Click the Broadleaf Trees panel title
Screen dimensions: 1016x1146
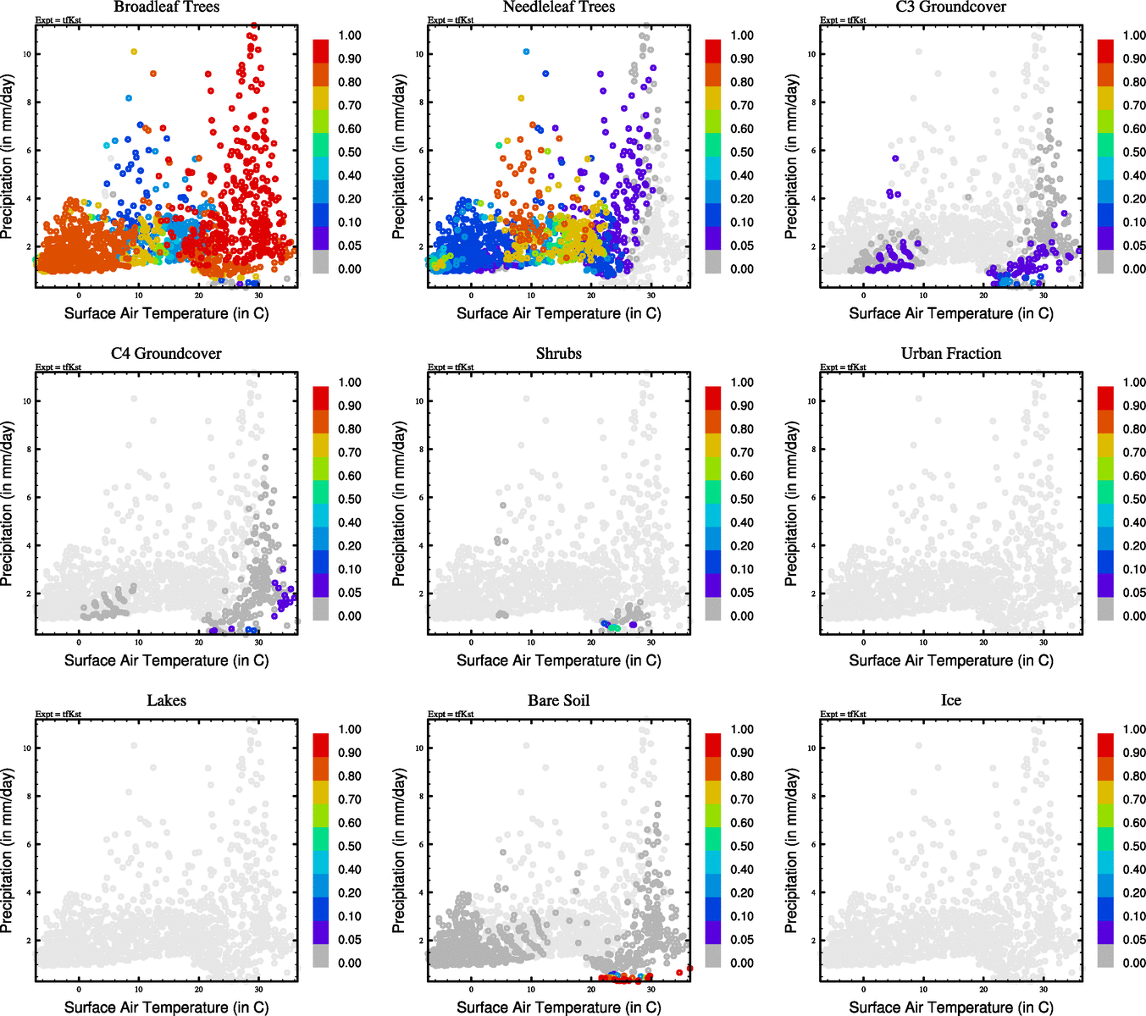point(166,8)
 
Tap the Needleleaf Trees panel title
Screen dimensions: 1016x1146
point(558,8)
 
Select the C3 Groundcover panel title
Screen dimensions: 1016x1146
point(950,8)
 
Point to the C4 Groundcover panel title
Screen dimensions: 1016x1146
point(166,354)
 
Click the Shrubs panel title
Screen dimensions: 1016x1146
point(558,354)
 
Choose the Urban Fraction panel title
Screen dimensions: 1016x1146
point(950,354)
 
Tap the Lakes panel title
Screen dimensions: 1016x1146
point(166,701)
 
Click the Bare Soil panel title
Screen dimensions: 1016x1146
point(558,701)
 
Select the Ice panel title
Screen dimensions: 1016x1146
point(950,701)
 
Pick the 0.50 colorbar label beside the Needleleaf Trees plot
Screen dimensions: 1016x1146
point(742,152)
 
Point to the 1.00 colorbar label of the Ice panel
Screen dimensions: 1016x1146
point(1134,729)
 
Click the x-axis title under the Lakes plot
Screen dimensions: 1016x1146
point(166,1007)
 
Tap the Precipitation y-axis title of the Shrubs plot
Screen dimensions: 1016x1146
point(399,504)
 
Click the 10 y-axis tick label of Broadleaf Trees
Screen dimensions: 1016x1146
point(27,54)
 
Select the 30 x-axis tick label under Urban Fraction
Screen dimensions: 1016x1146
point(1044,643)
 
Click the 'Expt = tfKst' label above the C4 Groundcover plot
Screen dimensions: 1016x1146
point(58,367)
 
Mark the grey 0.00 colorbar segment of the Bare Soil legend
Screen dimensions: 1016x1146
point(713,957)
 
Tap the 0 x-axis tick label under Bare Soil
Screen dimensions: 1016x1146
point(471,990)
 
